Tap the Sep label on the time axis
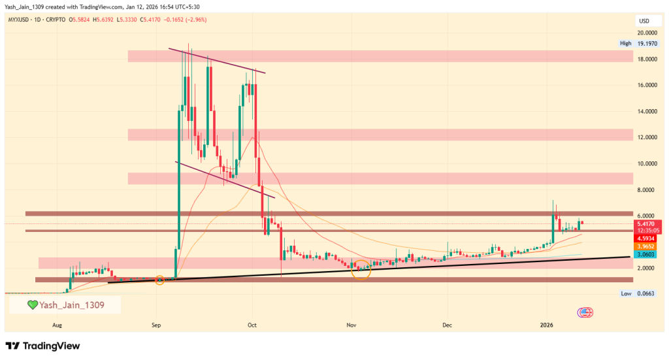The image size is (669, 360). click(x=156, y=324)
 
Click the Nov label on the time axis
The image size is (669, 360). click(x=351, y=324)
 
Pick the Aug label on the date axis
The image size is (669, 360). click(x=57, y=324)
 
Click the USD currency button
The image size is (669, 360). click(x=643, y=22)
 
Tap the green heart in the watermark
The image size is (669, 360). click(x=31, y=304)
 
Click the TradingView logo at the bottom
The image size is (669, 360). click(x=42, y=346)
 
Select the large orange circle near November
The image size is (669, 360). click(x=361, y=269)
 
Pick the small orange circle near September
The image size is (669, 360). click(x=159, y=280)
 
